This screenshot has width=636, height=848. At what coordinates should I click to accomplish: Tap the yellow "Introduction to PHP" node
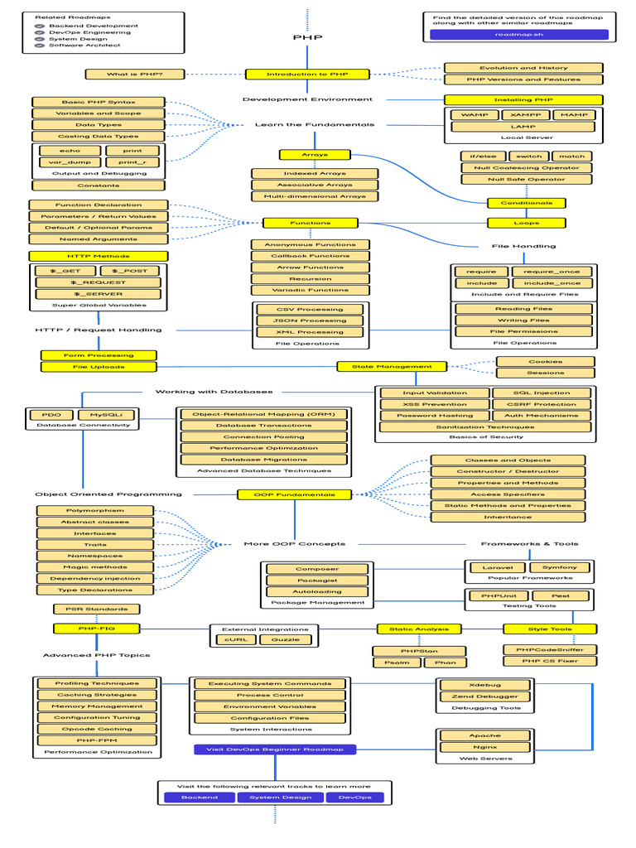[307, 74]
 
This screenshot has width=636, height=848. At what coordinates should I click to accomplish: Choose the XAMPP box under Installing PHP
[525, 115]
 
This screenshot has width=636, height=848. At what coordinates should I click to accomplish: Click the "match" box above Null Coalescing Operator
[571, 156]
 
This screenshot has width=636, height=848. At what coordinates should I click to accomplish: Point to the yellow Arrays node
[316, 154]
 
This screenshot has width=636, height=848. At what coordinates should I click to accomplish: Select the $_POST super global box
[131, 271]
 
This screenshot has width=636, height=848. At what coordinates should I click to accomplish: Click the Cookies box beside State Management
[545, 362]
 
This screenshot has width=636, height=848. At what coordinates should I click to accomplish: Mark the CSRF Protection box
[542, 404]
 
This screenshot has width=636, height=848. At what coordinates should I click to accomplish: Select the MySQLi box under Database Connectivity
[105, 414]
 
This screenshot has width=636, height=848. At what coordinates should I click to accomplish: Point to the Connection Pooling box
[264, 436]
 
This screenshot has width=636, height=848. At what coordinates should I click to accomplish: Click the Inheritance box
[508, 517]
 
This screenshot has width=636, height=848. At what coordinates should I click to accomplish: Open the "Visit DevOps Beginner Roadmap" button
[275, 749]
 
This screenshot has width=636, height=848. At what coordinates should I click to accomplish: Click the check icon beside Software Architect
[39, 46]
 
